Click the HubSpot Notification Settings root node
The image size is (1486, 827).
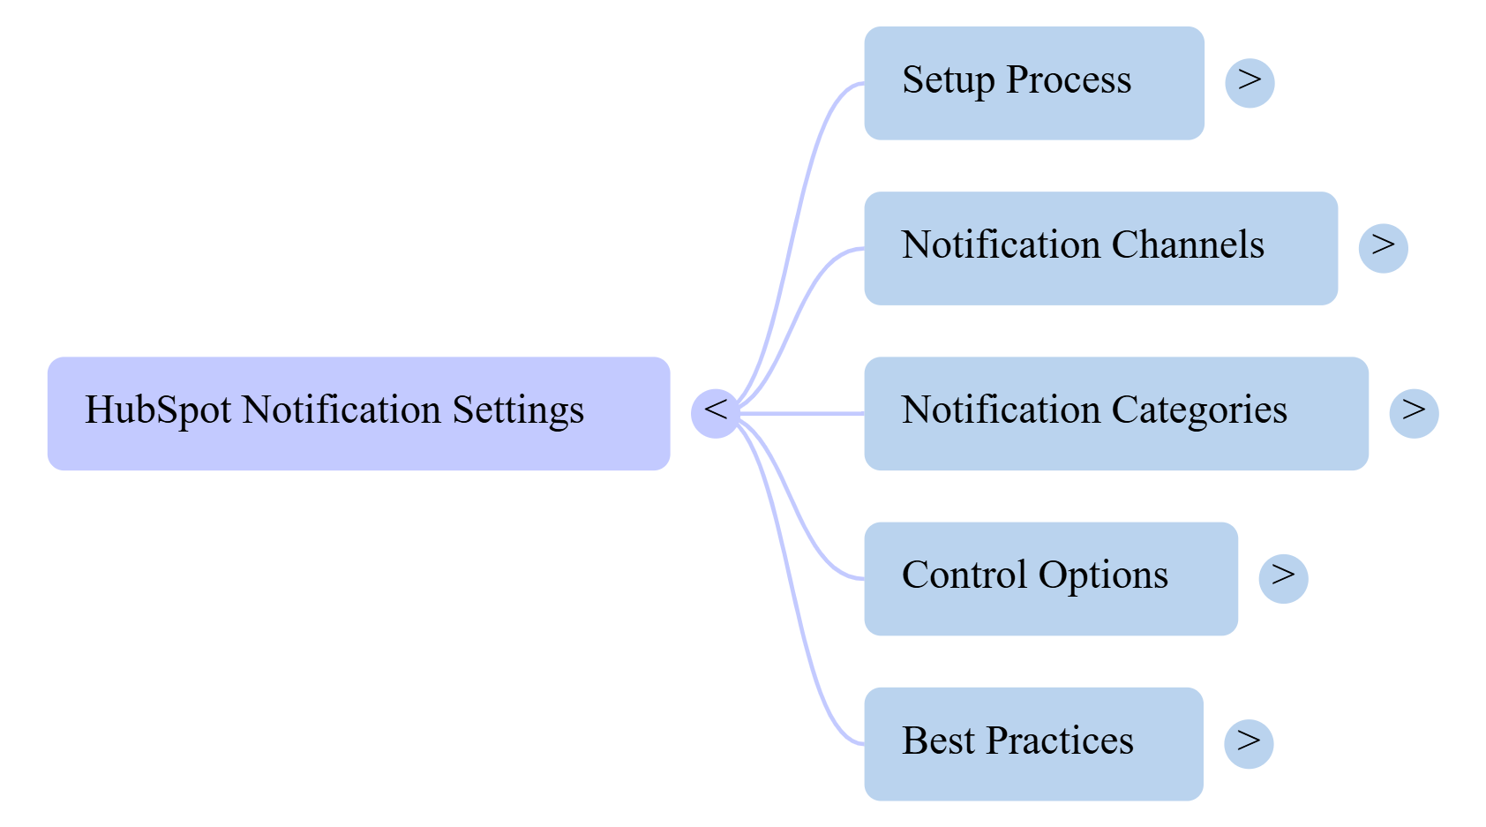pos(358,413)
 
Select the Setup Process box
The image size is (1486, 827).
pos(1033,83)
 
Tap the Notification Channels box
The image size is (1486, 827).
pos(1100,248)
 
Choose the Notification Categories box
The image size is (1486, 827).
pos(1115,413)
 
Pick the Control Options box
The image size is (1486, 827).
pos(1050,578)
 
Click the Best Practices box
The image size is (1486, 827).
pos(1032,743)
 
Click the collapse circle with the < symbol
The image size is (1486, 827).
pos(715,412)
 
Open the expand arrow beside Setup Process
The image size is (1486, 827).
pos(1250,83)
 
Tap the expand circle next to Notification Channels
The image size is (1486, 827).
pos(1383,248)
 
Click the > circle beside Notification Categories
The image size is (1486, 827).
pos(1414,412)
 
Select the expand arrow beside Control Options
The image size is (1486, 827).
pos(1283,578)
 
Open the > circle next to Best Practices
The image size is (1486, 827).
pos(1249,743)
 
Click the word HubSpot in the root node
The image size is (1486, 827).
pos(158,410)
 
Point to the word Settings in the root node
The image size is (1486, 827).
pos(518,410)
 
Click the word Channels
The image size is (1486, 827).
pos(1188,245)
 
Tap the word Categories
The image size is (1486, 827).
pos(1199,410)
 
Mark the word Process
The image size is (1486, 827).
pos(1069,80)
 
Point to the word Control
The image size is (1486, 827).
pos(964,575)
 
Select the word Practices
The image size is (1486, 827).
pos(1060,741)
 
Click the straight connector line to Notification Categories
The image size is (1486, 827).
pos(803,413)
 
